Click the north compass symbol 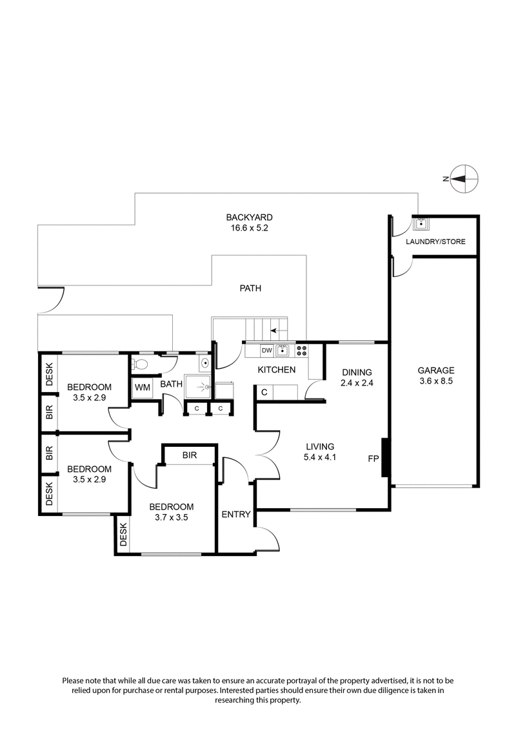464,177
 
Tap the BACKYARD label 249,218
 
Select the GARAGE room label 436,371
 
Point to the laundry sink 421,224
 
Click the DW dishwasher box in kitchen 266,351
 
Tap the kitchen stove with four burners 301,351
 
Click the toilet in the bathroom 143,364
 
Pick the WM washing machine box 141,387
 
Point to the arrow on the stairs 275,330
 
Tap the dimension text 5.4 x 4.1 321,457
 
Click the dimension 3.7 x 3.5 171,518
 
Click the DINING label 357,372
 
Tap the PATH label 250,289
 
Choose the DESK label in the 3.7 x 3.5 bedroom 123,534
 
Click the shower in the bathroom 200,386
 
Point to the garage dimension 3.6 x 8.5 436,382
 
